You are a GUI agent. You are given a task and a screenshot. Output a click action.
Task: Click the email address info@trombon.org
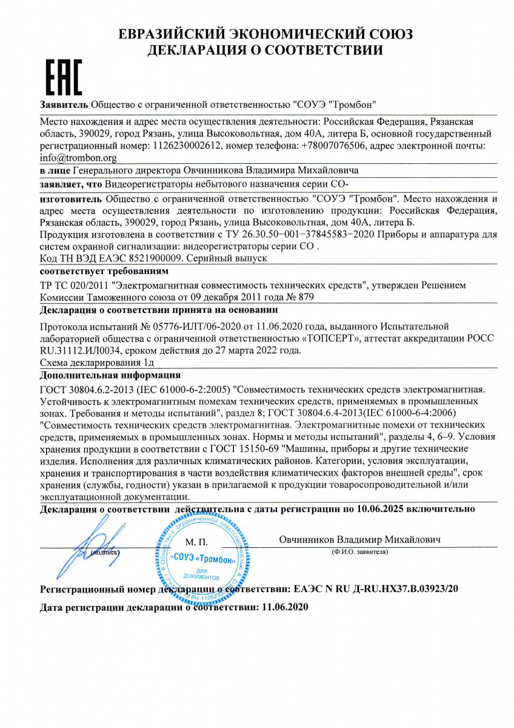(x=78, y=158)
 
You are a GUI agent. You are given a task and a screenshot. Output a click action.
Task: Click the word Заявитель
(x=64, y=104)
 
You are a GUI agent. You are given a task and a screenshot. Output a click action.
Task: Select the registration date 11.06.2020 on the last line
(x=284, y=607)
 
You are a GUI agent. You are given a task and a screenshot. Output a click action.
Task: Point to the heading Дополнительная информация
(x=110, y=375)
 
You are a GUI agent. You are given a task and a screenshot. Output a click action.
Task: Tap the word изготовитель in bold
(x=71, y=198)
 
